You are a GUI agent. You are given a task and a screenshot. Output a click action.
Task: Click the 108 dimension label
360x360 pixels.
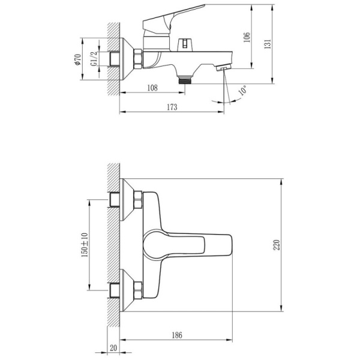click(x=152, y=88)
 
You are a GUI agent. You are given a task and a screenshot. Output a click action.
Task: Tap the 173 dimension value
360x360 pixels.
click(x=172, y=107)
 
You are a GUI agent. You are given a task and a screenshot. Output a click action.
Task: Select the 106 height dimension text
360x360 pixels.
click(x=247, y=37)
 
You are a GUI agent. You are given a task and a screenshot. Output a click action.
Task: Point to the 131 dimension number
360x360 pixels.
click(x=268, y=44)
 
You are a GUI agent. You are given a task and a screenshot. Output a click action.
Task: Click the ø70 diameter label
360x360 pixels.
click(x=78, y=59)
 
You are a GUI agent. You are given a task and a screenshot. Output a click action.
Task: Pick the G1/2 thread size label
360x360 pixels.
click(x=94, y=59)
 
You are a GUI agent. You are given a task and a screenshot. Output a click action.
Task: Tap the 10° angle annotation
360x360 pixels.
click(x=242, y=90)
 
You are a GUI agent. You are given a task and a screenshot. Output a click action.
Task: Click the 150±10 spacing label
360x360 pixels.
click(x=85, y=245)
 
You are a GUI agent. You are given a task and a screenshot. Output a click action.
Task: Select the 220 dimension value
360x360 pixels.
click(x=277, y=245)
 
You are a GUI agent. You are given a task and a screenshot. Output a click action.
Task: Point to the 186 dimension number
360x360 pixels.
click(x=177, y=335)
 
